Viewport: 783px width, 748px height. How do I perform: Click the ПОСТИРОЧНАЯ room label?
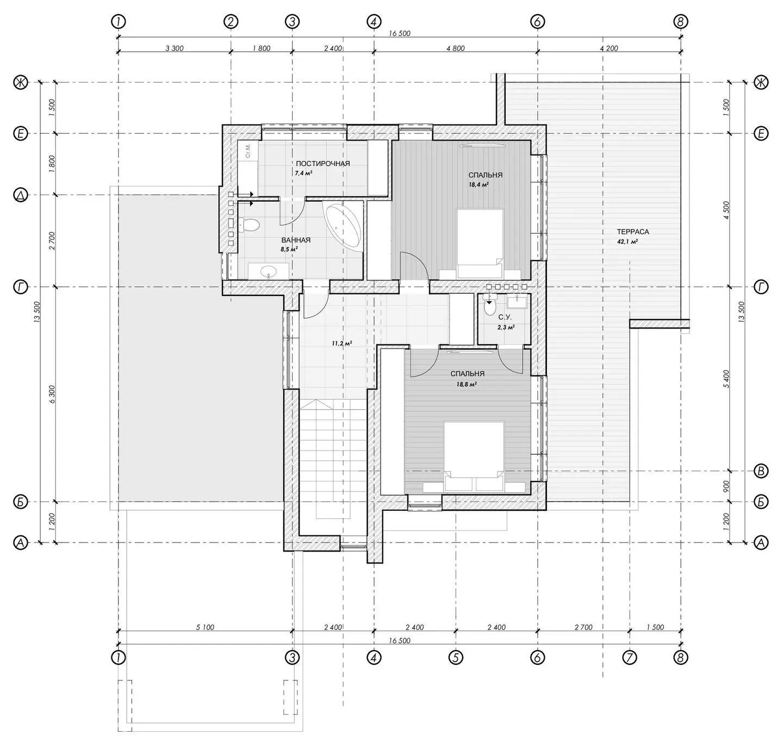click(322, 163)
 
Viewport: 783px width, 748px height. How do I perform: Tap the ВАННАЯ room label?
click(296, 240)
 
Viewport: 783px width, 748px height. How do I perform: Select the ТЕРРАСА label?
click(633, 232)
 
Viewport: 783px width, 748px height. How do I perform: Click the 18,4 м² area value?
click(478, 185)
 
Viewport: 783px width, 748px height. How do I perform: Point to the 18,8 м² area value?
click(467, 384)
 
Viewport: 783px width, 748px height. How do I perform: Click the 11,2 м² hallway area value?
click(342, 343)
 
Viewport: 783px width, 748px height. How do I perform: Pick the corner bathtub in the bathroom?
click(343, 225)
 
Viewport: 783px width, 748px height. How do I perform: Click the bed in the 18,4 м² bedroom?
click(481, 243)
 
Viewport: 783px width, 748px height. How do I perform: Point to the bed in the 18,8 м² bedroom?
click(474, 456)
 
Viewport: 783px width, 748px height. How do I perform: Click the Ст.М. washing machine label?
click(248, 150)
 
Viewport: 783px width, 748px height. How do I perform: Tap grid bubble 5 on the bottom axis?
click(456, 657)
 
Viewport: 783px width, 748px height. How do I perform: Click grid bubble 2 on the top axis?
click(231, 21)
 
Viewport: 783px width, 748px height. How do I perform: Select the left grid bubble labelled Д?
click(21, 196)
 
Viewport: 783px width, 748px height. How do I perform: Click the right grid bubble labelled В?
click(761, 471)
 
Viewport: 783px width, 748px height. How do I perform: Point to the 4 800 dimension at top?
click(456, 48)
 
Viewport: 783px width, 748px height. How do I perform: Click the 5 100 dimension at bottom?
click(205, 627)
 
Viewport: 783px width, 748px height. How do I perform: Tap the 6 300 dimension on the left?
click(52, 394)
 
